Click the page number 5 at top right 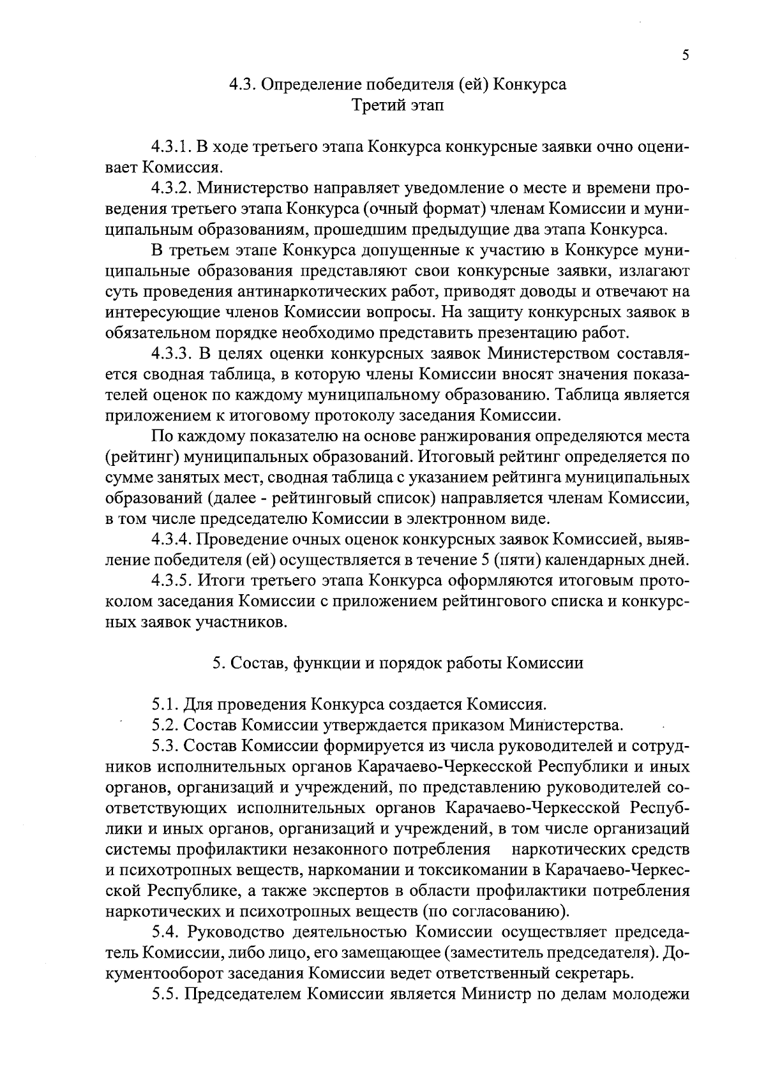point(685,55)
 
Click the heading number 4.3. point(244,85)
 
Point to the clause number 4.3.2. point(172,188)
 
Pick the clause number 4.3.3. point(172,354)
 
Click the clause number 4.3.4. point(172,540)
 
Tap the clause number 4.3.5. point(172,581)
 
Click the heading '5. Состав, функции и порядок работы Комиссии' point(398,663)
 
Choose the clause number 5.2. point(166,725)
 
